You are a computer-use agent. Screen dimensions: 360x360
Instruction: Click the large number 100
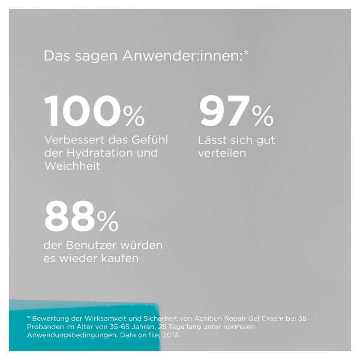tap(82, 111)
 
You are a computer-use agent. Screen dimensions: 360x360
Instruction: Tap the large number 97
tap(225, 111)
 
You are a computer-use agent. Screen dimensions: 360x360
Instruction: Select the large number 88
tap(70, 216)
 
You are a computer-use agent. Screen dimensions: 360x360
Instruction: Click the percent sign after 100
tap(134, 116)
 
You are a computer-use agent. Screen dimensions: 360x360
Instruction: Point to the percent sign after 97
tap(263, 116)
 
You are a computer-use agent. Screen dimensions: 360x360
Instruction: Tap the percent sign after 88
tap(108, 221)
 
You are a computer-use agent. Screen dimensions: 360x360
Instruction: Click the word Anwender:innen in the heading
tap(185, 56)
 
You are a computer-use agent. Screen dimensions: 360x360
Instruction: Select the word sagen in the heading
tap(96, 57)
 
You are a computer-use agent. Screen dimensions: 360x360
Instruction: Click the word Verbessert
tap(75, 140)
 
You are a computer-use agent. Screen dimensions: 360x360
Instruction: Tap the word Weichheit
tap(72, 166)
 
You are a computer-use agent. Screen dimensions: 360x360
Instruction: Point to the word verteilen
tap(222, 153)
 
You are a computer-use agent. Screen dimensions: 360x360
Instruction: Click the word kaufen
tap(120, 258)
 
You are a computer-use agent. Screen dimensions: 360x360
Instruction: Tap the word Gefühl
tap(150, 140)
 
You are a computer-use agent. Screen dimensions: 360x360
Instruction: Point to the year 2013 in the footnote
tap(171, 335)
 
